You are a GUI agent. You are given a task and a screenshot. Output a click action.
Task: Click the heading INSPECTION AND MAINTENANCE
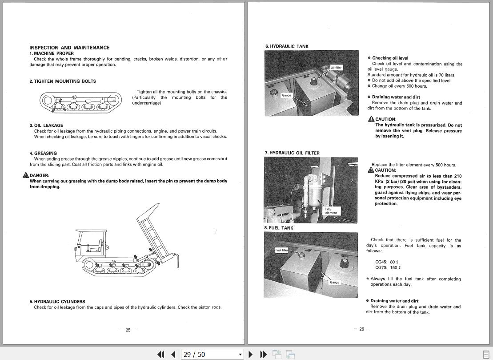69,48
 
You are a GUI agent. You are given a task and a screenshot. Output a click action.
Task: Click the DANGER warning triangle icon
26,175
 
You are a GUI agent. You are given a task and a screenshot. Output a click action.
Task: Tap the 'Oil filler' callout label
336,68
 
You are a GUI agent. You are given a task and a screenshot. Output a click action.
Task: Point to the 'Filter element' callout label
331,211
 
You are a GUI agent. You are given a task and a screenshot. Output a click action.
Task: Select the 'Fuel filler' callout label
282,250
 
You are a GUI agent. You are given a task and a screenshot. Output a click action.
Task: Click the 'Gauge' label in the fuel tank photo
334,282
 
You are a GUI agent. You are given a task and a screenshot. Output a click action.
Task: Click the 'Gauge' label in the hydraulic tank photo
286,95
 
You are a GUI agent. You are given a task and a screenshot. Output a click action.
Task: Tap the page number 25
128,330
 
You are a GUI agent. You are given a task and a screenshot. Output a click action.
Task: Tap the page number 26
361,329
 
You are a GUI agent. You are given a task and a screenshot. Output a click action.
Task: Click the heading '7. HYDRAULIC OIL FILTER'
292,153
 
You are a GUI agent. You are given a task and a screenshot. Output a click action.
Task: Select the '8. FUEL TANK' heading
279,228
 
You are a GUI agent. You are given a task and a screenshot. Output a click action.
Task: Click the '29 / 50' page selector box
212,354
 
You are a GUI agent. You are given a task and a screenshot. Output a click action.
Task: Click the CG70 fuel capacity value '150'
393,268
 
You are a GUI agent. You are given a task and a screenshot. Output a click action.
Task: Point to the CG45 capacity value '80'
393,262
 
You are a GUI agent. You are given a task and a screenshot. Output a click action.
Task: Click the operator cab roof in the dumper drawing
92,231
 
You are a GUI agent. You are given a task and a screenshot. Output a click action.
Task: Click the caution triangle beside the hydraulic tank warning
371,119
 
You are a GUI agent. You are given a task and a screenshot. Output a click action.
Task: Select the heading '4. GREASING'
43,153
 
